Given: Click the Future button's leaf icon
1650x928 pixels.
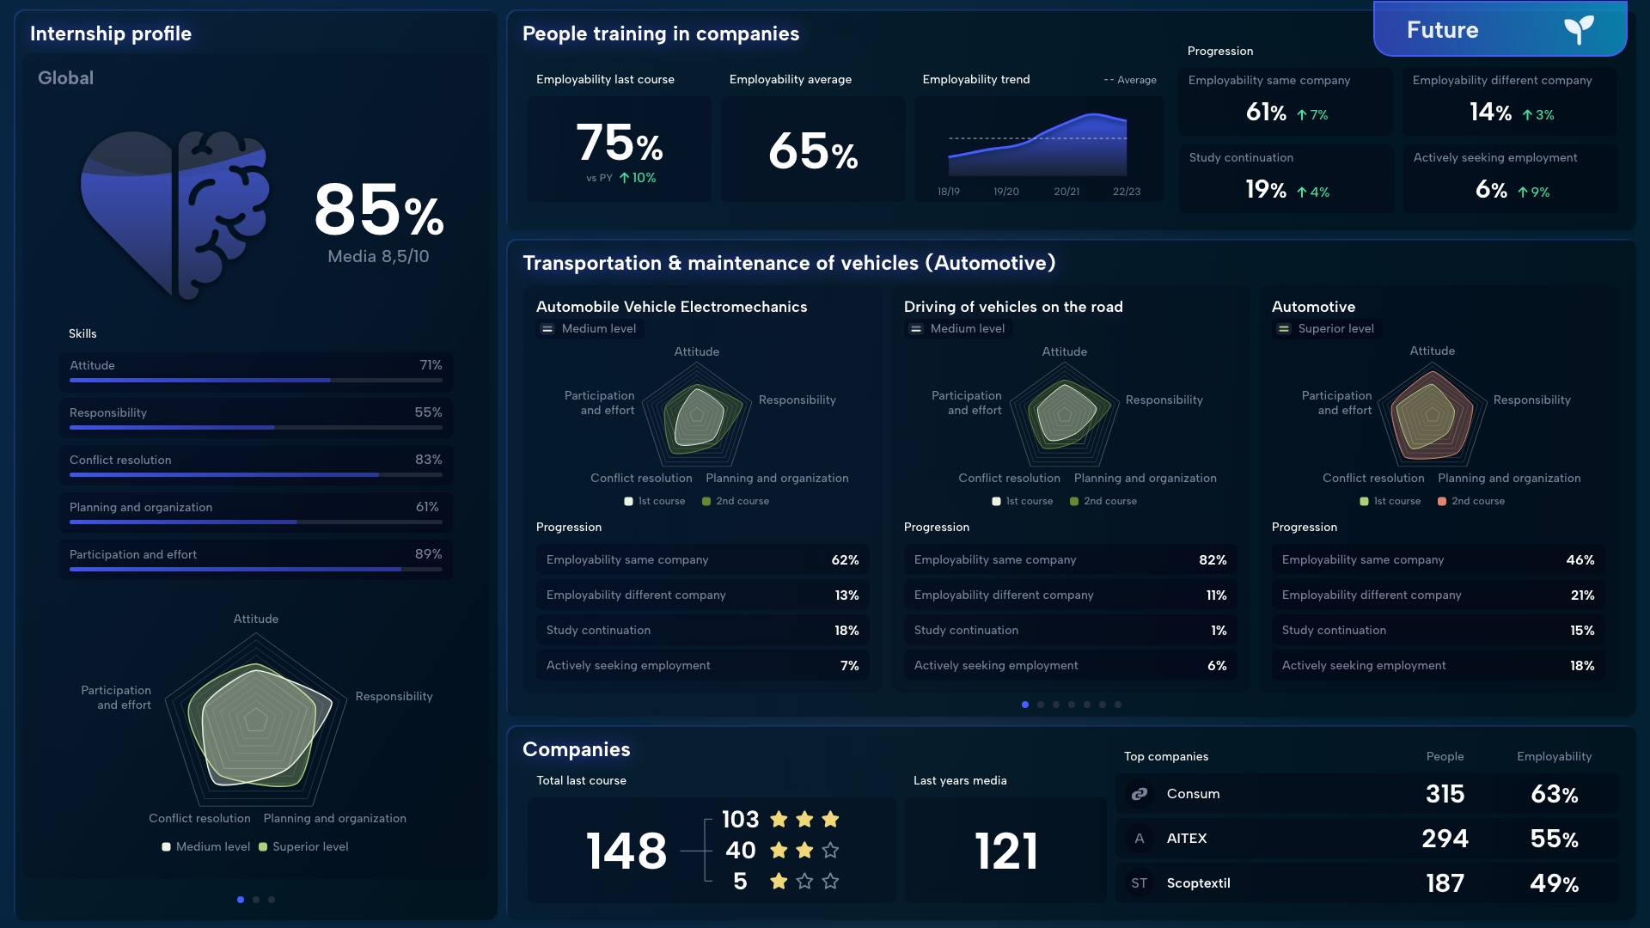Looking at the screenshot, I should [x=1579, y=29].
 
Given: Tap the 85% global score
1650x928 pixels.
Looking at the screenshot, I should [x=379, y=211].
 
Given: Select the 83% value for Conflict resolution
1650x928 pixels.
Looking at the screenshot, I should [x=428, y=460].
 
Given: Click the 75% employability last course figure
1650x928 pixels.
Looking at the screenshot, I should [x=619, y=143].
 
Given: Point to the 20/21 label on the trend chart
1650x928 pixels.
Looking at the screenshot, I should [x=1066, y=192].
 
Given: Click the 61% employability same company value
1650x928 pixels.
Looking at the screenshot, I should [x=1266, y=113].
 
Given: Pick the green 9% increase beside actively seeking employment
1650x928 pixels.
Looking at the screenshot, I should [x=1534, y=192].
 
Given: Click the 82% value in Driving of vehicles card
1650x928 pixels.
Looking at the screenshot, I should [x=1213, y=559].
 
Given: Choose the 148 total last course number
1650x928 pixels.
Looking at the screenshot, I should [x=626, y=851].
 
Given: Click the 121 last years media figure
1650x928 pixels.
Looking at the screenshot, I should [x=1006, y=851].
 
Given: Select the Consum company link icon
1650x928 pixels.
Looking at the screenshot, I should [x=1140, y=794].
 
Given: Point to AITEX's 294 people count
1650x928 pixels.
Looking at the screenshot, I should [x=1445, y=838].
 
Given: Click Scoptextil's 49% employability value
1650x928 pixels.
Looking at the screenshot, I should [x=1554, y=882].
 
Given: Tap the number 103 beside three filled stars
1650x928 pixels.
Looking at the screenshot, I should [x=740, y=819].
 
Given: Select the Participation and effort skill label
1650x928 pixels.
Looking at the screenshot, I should [x=133, y=554].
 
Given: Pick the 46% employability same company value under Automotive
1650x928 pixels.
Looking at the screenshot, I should [x=1580, y=559].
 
